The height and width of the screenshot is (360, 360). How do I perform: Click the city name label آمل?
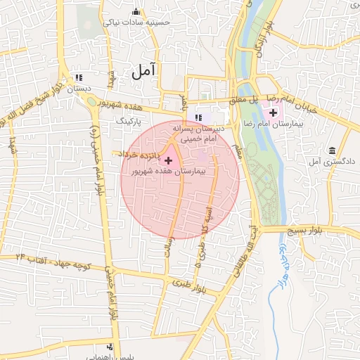(143, 70)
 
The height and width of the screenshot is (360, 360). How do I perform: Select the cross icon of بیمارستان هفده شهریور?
(168, 161)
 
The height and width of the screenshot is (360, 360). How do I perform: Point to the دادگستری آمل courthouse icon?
(331, 150)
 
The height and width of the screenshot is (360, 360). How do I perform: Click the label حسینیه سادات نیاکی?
(137, 22)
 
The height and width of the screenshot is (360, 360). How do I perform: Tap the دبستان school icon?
(78, 77)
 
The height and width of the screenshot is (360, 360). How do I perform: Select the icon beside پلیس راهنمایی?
(109, 347)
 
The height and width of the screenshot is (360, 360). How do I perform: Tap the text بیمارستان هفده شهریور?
(168, 172)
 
